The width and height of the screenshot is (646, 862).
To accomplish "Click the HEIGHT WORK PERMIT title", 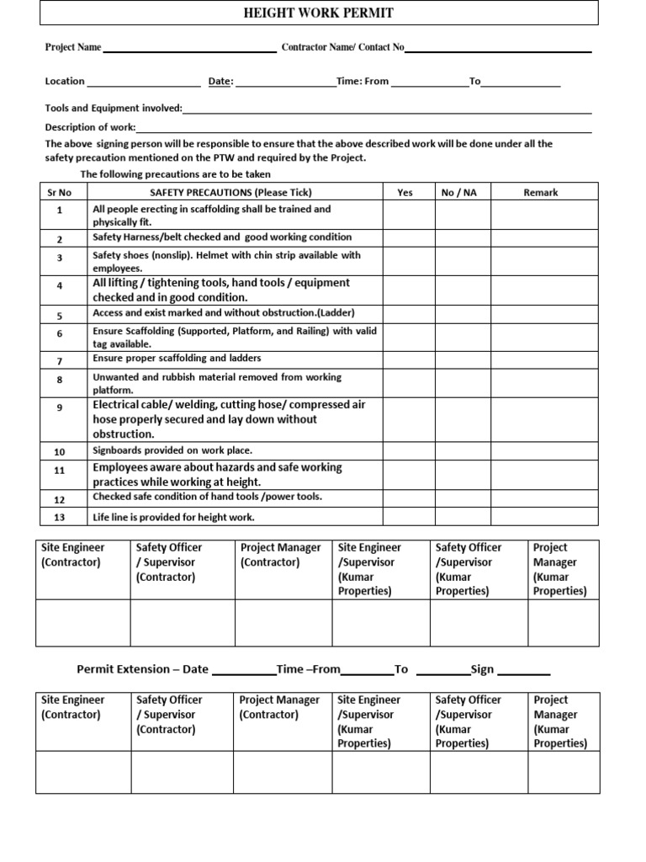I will [x=318, y=13].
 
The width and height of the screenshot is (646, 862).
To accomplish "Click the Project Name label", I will [x=73, y=48].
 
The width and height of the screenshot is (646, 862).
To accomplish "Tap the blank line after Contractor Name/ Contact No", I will [x=498, y=51].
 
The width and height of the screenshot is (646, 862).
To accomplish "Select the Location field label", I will [x=65, y=82].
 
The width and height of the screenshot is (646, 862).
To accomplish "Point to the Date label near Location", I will [x=220, y=82].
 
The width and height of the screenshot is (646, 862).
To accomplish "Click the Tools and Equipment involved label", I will [x=114, y=109].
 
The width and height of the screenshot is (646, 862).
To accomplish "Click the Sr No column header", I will [x=60, y=193].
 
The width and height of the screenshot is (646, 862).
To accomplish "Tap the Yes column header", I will [x=405, y=193].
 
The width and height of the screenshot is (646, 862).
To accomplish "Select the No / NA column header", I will [x=458, y=193].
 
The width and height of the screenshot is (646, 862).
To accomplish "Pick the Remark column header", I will [x=541, y=193].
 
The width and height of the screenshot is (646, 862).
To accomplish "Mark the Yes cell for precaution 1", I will [x=409, y=215].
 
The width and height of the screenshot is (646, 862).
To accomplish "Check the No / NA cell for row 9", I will [x=463, y=419].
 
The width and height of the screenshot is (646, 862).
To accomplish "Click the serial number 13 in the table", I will [x=59, y=517].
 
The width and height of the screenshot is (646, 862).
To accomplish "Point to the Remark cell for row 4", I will [x=544, y=290].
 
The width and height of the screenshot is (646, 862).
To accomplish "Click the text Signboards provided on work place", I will [x=172, y=450].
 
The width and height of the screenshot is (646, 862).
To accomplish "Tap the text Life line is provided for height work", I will [x=173, y=517].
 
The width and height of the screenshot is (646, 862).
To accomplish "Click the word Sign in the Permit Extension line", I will [x=482, y=669].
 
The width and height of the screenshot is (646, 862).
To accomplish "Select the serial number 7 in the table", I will [x=60, y=361].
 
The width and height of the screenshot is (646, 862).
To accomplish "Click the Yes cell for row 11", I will [x=409, y=474].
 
